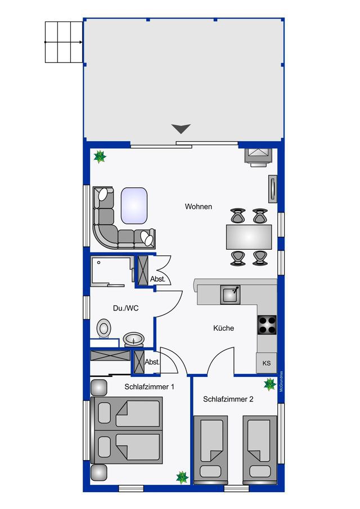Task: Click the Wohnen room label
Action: pos(199,206)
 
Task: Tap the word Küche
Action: pos(223,328)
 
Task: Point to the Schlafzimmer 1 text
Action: pos(149,387)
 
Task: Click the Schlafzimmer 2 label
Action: pos(228,399)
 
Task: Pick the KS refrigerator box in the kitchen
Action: pos(266,363)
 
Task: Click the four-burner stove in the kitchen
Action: pos(267,325)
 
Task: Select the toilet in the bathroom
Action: pos(104,328)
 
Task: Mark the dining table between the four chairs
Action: pos(249,237)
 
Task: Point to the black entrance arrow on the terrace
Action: pos(181,129)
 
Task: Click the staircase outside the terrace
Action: pos(64,42)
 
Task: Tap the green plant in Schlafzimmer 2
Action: pos(270,385)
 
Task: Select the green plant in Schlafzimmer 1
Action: pos(182,477)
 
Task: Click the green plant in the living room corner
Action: pos(100,156)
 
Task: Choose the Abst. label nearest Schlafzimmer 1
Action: pos(152,363)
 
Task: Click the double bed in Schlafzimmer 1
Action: pos(127,430)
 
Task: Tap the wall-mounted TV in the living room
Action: pos(273,188)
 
